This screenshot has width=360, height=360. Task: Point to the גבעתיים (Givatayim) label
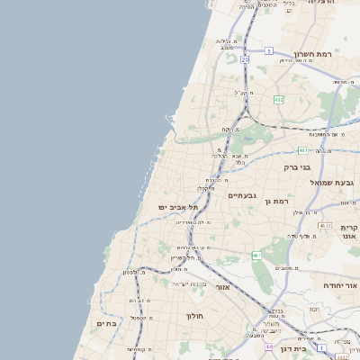243,194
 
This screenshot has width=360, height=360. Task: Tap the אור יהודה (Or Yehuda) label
340,284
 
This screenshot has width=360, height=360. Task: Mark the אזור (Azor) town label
224,287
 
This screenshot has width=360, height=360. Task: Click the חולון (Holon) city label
196,316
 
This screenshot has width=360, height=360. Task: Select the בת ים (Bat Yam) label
106,323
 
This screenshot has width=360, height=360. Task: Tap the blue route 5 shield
268,51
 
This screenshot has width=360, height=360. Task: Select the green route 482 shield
279,99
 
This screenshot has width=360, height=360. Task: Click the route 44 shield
268,345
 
